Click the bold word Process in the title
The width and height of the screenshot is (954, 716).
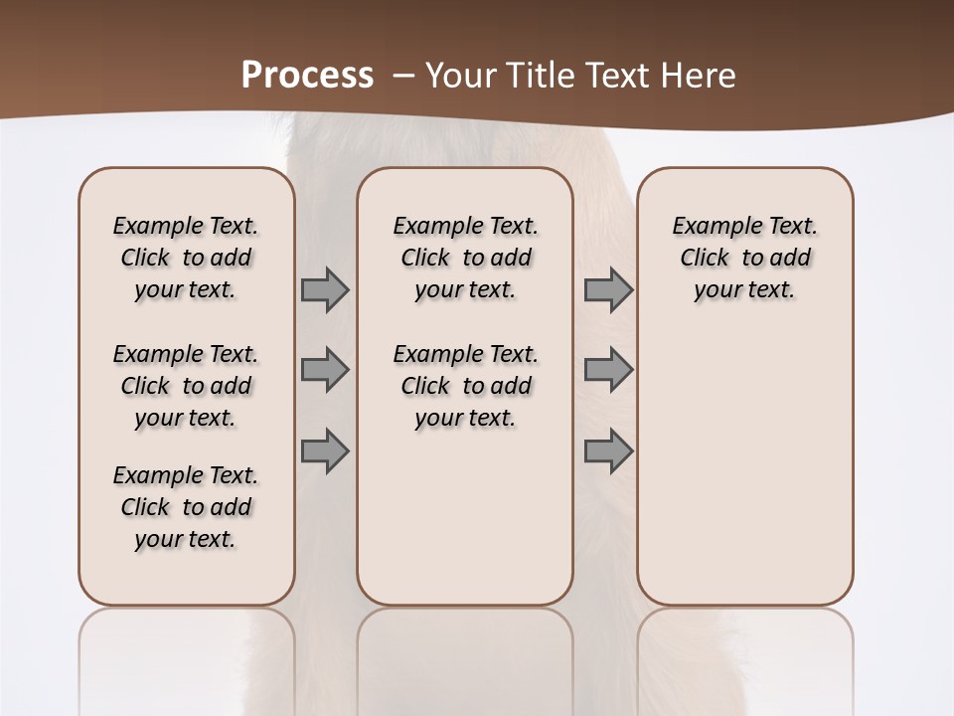coord(307,75)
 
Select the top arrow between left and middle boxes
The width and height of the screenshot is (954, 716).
coord(325,289)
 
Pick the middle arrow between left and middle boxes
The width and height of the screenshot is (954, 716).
coord(325,370)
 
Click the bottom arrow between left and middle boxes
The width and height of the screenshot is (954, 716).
coord(325,450)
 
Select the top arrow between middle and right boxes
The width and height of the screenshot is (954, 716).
coord(608,289)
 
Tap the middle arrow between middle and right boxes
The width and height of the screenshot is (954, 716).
coord(608,370)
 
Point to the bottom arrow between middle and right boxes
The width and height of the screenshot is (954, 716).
coord(608,450)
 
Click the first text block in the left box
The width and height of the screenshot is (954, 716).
coord(186,258)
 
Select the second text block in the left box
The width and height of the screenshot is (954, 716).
coord(186,386)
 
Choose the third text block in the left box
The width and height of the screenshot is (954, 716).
coord(186,507)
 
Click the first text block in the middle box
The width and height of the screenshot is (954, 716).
coord(465,258)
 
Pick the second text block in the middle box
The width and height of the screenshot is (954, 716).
coord(465,386)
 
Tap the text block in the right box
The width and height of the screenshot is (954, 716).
coord(745,258)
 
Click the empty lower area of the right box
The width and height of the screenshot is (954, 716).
coord(745,467)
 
